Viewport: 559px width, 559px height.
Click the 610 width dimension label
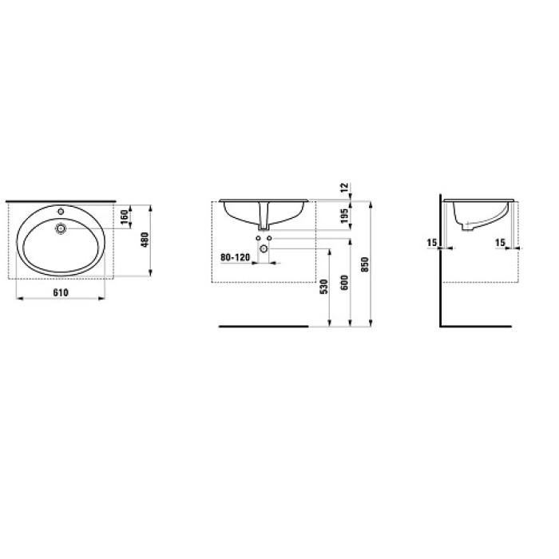[61, 292]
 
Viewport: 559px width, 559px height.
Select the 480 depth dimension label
[145, 240]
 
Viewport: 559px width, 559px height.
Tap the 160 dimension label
[124, 217]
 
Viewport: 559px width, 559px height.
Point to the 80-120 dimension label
[236, 257]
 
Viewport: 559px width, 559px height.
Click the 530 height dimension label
[323, 287]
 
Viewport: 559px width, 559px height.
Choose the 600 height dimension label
[344, 283]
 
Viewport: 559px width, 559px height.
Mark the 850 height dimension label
[365, 264]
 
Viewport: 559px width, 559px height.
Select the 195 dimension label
[344, 216]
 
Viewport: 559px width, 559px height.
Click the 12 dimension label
[344, 188]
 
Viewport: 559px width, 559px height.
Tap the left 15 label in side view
[432, 243]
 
